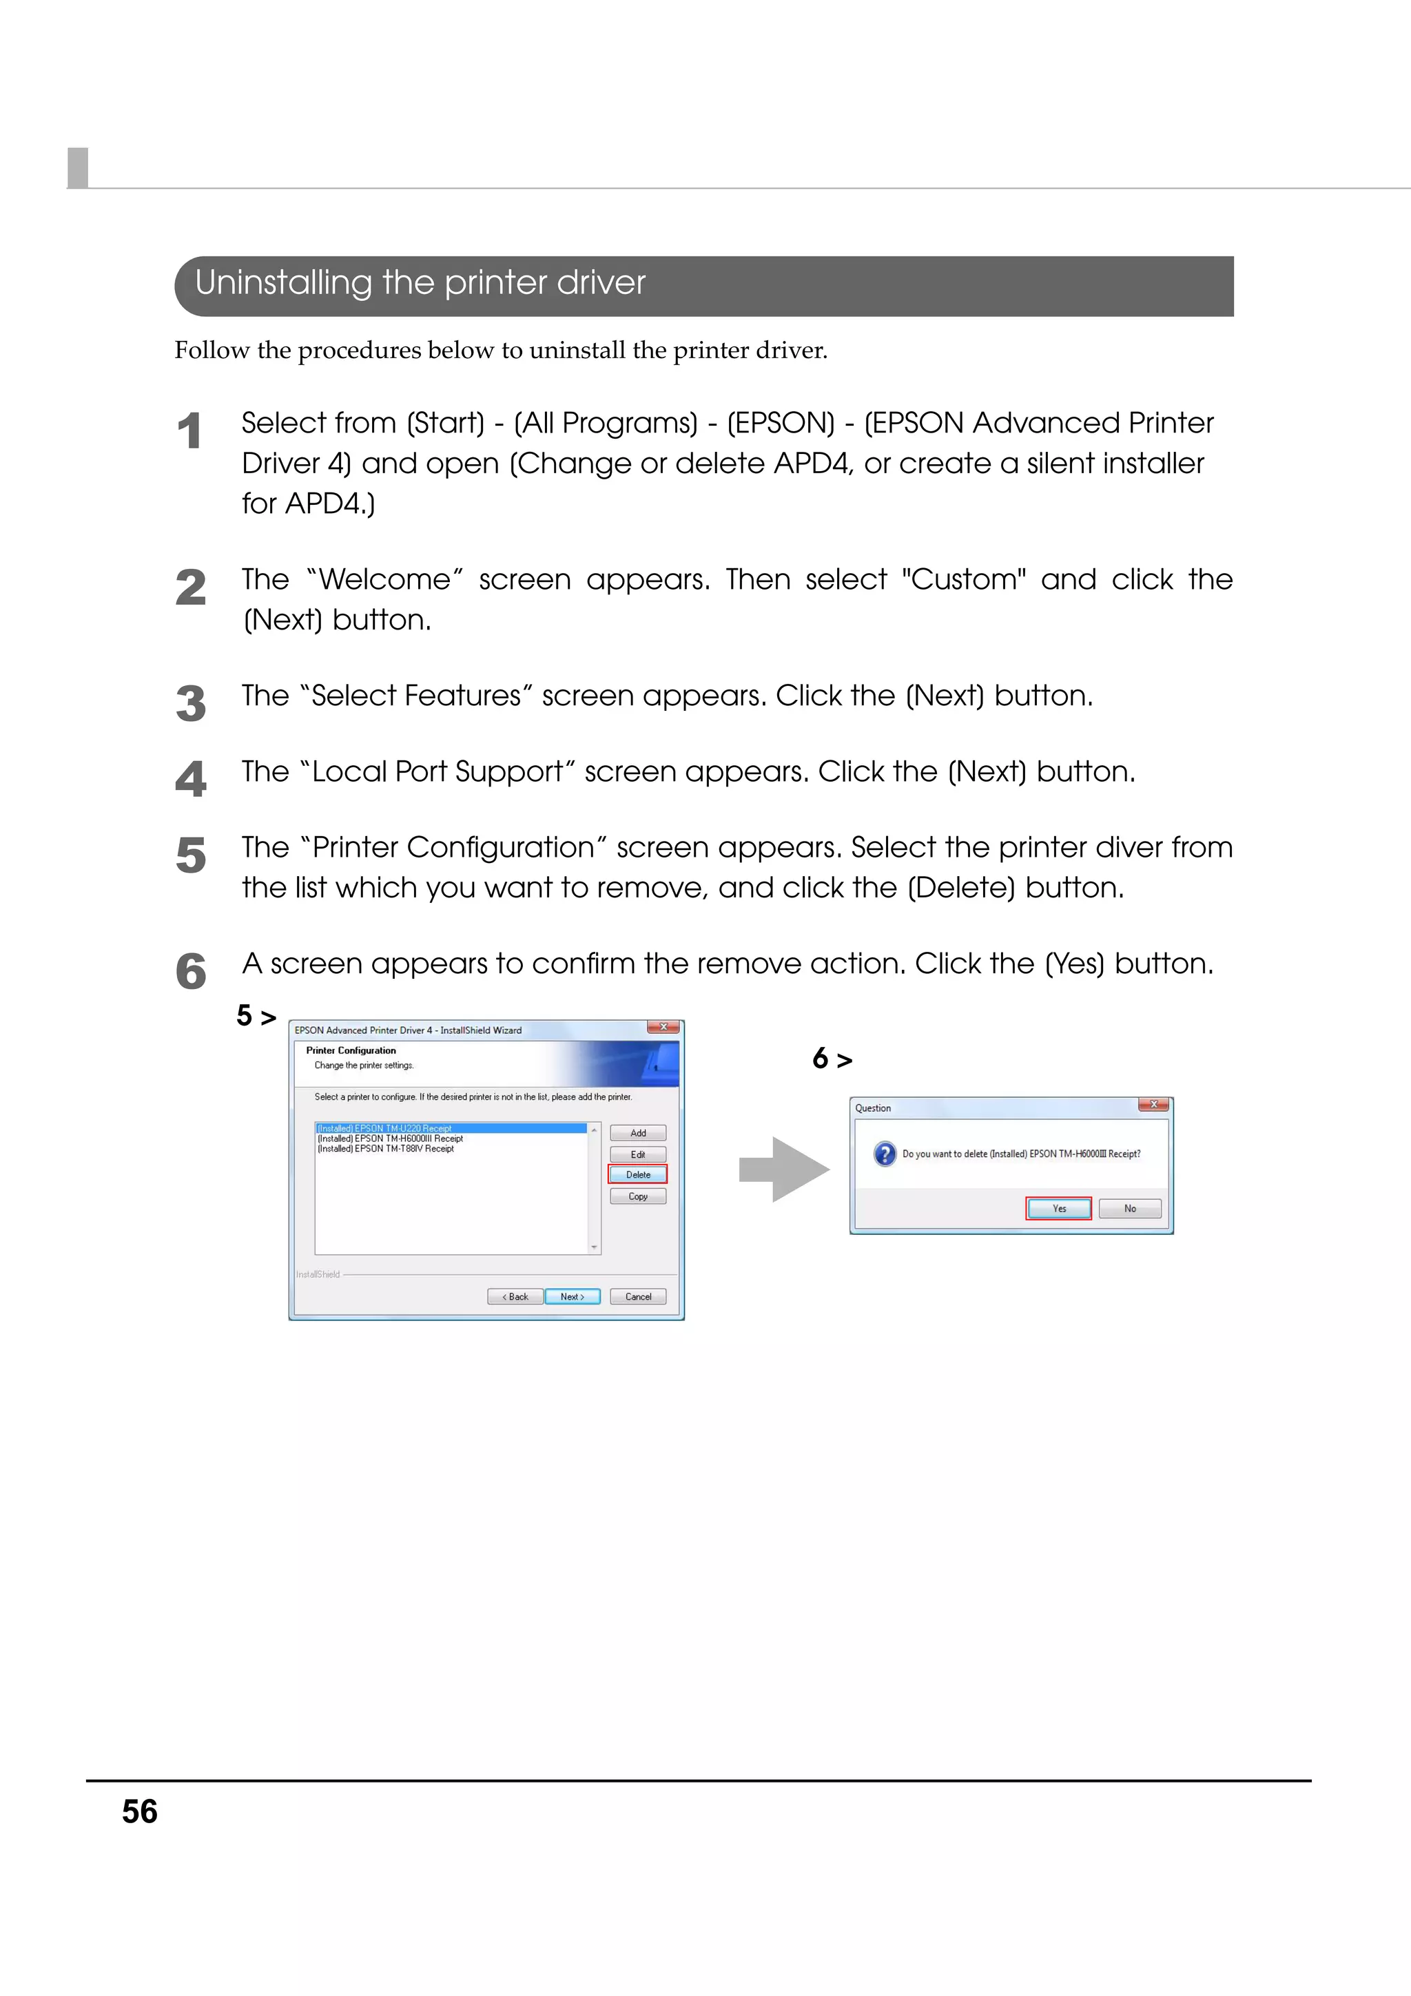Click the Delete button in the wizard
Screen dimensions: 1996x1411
[637, 1174]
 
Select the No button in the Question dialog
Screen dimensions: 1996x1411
[1129, 1208]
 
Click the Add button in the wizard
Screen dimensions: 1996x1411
[637, 1133]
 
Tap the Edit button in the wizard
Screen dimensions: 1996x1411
[637, 1154]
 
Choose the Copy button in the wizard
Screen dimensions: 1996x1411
[637, 1196]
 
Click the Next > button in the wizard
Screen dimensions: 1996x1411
[572, 1296]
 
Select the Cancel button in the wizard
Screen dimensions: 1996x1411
[637, 1296]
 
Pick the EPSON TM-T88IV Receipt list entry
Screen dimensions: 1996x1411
[386, 1148]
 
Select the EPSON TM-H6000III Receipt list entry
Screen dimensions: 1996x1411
[391, 1138]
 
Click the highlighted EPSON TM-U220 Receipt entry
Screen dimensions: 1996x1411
[385, 1128]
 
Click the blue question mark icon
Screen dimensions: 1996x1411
[884, 1154]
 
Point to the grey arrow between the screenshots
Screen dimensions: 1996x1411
[783, 1169]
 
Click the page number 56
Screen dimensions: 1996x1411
[139, 1811]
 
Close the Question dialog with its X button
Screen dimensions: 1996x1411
[1153, 1105]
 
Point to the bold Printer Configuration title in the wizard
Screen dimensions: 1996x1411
[351, 1050]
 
